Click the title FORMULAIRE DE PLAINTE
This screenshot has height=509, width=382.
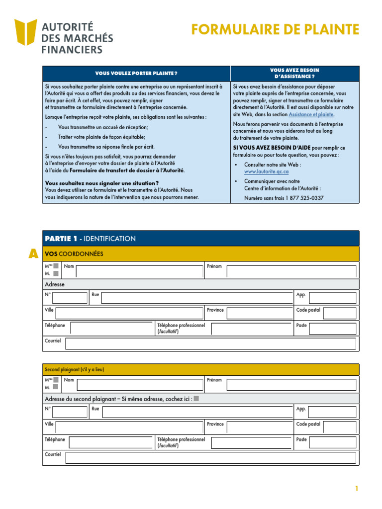275,30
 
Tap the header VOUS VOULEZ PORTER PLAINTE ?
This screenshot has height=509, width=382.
136,74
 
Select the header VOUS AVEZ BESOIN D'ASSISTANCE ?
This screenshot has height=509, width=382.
294,74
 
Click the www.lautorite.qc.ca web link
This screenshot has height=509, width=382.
267,171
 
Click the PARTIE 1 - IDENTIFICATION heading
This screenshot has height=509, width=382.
90,239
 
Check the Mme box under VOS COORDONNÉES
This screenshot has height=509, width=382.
56,266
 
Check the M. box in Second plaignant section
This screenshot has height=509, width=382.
56,387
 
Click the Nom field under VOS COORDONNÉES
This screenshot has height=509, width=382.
139,271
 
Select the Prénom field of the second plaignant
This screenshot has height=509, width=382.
291,385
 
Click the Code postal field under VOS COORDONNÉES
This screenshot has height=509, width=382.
340,313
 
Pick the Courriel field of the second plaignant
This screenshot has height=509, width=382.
210,458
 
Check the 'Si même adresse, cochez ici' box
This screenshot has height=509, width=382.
196,399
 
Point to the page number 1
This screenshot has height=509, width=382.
357,489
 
